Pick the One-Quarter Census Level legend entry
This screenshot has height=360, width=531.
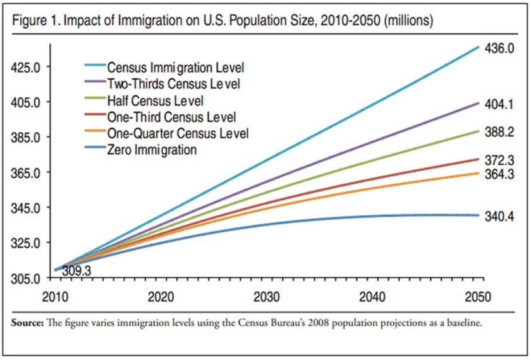click(x=178, y=133)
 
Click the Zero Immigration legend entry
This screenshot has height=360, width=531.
click(x=152, y=150)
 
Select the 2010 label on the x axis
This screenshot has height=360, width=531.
click(x=55, y=297)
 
